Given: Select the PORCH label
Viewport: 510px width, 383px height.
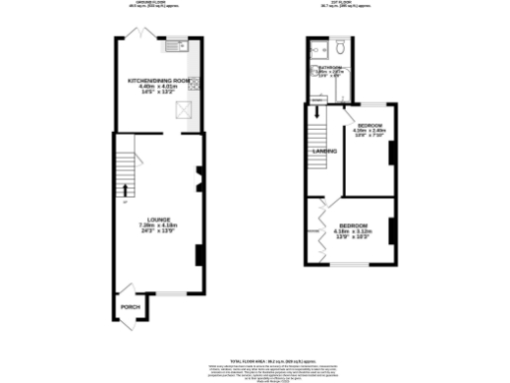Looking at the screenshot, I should coord(129,307).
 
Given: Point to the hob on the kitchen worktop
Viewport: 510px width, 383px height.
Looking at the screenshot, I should coord(193,85).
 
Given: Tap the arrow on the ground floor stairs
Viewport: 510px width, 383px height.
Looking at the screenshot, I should coord(126,189).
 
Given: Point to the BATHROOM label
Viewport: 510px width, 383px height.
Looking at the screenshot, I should coord(330,68).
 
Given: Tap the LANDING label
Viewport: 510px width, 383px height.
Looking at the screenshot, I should coord(324,152).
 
